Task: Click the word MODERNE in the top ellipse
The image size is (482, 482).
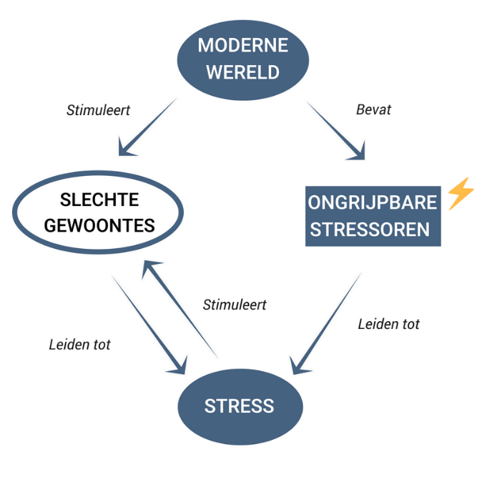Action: tap(242, 46)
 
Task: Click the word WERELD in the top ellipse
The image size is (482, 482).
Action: tap(242, 72)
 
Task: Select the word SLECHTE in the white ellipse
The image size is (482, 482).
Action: tap(99, 200)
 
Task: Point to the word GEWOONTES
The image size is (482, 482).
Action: tap(99, 225)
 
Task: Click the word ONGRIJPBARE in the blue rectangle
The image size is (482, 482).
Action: tap(373, 202)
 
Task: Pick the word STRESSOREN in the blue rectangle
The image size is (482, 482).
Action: tap(373, 230)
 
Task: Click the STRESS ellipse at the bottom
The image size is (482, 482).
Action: tap(240, 406)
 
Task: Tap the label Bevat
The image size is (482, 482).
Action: tap(373, 110)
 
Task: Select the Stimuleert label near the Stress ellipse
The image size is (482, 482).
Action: tap(235, 305)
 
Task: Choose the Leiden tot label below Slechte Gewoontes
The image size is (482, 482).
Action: tap(79, 344)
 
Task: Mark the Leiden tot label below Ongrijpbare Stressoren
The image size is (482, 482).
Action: tap(388, 324)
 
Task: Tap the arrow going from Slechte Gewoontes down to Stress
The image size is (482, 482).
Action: tap(147, 322)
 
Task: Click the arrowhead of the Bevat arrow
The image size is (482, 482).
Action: tap(357, 151)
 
